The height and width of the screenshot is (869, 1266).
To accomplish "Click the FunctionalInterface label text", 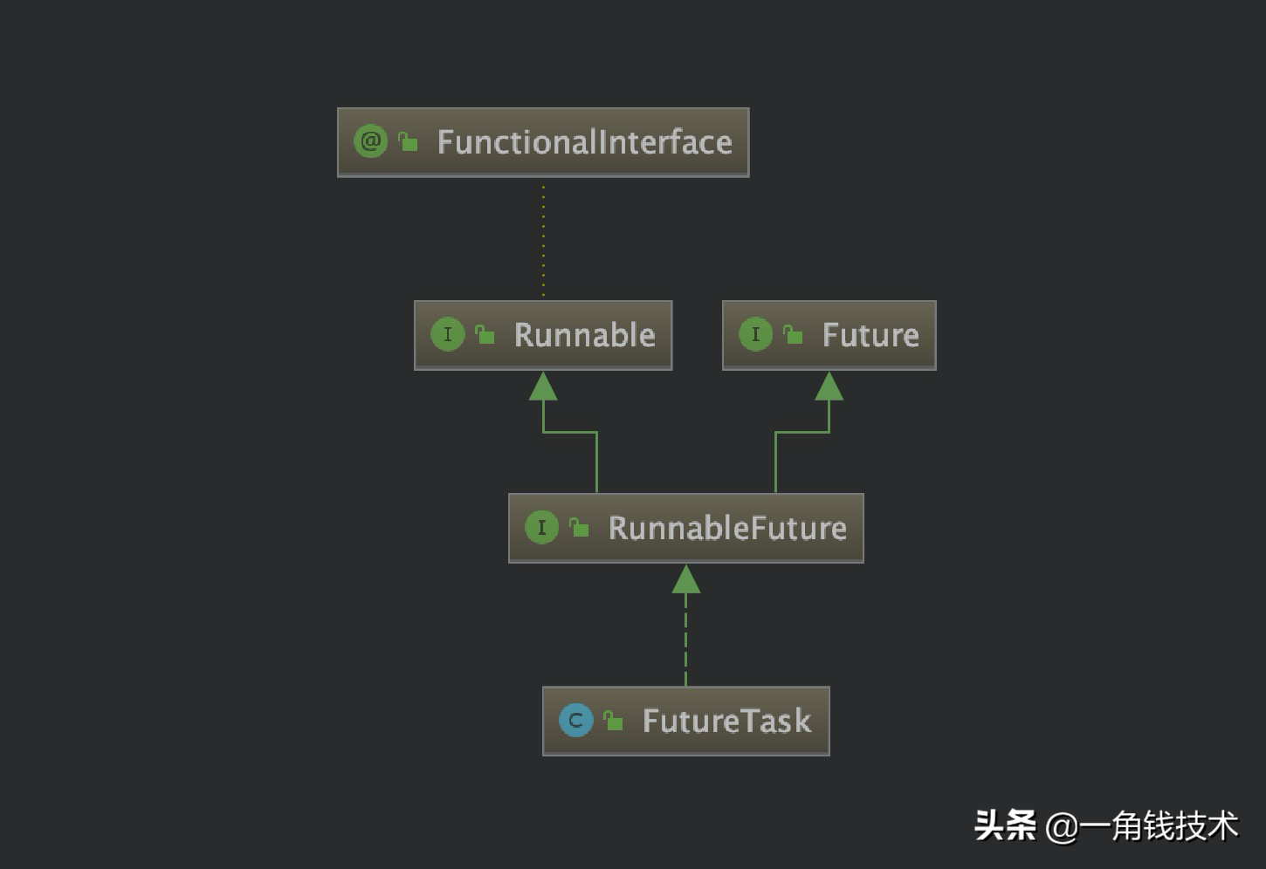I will pyautogui.click(x=584, y=142).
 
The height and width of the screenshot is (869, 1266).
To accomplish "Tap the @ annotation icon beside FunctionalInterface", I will pyautogui.click(x=370, y=141).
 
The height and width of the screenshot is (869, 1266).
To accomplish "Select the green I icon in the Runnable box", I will pyautogui.click(x=448, y=334).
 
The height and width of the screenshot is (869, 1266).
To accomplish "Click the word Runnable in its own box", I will pyautogui.click(x=584, y=335).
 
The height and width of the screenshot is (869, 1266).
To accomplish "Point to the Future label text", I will pyautogui.click(x=870, y=335).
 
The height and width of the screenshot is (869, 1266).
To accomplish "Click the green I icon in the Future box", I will pyautogui.click(x=755, y=334).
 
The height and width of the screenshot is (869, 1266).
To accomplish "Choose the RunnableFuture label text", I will pyautogui.click(x=727, y=528).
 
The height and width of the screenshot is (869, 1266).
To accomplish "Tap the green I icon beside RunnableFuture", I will pyautogui.click(x=541, y=527).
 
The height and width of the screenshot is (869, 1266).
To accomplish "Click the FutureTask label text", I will pyautogui.click(x=726, y=721).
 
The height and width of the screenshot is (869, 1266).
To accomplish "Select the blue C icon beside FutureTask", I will pyautogui.click(x=575, y=720).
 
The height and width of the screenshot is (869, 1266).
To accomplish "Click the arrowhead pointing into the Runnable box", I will pyautogui.click(x=543, y=387).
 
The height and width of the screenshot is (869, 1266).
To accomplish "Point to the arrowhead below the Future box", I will pyautogui.click(x=829, y=387).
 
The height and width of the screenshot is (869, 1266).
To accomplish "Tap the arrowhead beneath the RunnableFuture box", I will pyautogui.click(x=685, y=579).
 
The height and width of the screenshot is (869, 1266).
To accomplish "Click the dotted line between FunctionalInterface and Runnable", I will pyautogui.click(x=543, y=240).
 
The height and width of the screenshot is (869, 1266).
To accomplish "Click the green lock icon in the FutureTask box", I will pyautogui.click(x=614, y=721).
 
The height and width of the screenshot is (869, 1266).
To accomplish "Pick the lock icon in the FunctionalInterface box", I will pyautogui.click(x=408, y=141).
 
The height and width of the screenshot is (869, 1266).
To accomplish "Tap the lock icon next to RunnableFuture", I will pyautogui.click(x=579, y=527).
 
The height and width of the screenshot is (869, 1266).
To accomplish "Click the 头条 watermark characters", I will pyautogui.click(x=1005, y=825).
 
